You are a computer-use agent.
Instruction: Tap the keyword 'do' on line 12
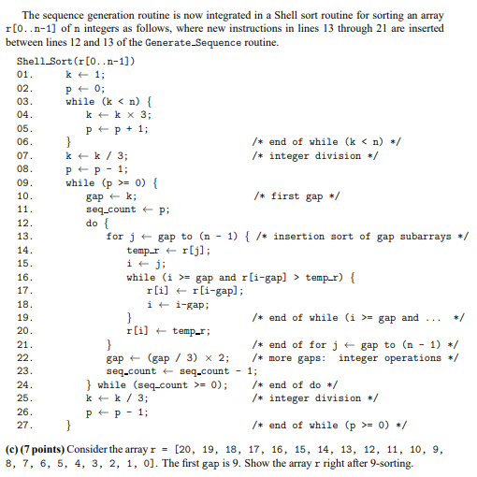pyautogui.click(x=92, y=224)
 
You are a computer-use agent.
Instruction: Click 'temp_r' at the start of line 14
pyautogui.click(x=144, y=251)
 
